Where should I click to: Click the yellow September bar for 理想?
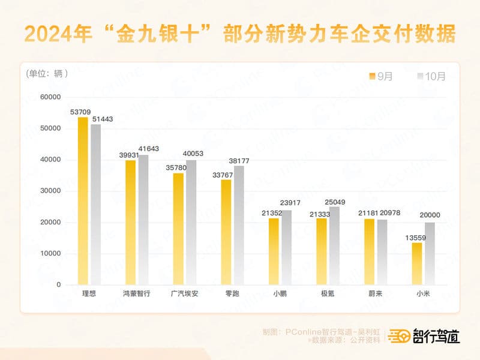tap(83, 200)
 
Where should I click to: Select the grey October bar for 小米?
tap(430, 253)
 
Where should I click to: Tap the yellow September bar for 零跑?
tap(226, 232)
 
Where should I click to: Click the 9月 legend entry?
tap(380, 76)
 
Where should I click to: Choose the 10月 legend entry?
tap(431, 76)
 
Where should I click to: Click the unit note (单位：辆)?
tap(47, 74)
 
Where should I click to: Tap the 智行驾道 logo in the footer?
tap(424, 337)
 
